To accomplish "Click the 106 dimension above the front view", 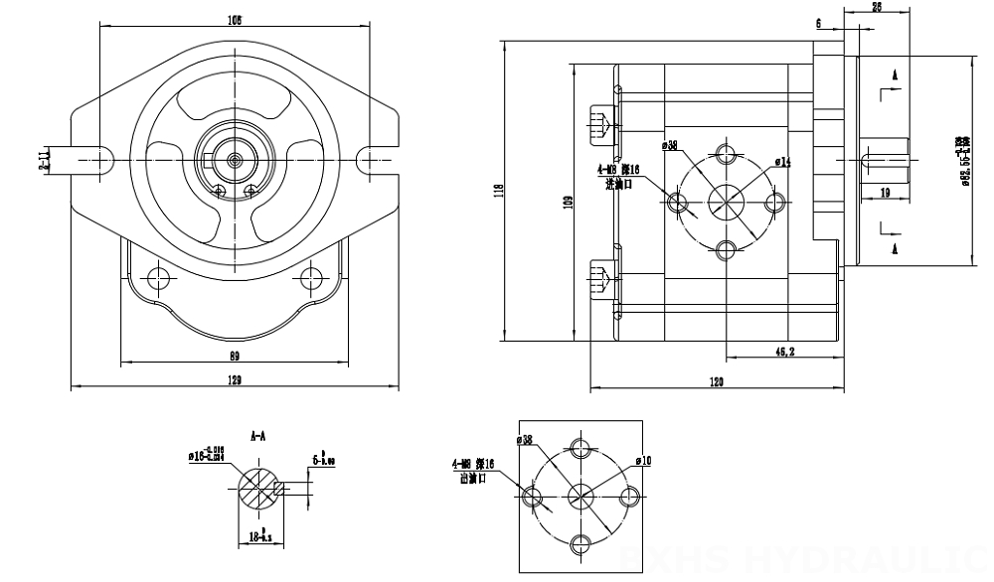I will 235,19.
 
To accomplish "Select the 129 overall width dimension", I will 235,380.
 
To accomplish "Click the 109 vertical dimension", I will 568,202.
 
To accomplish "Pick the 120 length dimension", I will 717,381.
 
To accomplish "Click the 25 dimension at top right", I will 877,7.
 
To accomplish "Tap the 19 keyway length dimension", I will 884,194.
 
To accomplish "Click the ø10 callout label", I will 643,460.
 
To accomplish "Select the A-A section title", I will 259,435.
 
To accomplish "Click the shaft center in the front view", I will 235,158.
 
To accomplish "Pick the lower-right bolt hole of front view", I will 313,275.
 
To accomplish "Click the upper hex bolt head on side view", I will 600,123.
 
